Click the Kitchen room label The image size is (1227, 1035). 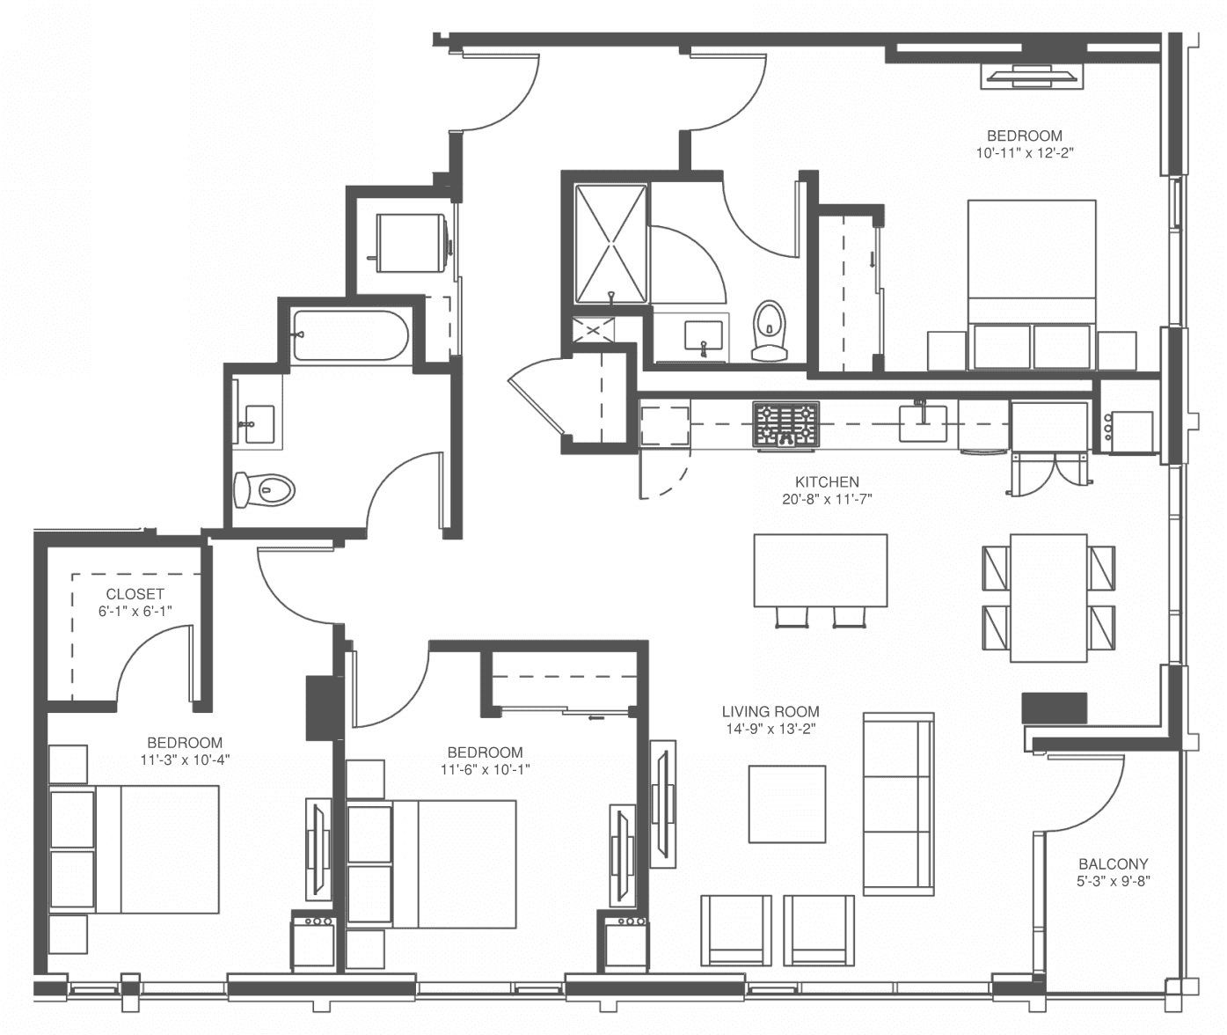click(827, 481)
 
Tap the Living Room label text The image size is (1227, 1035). click(771, 711)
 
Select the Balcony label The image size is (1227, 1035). click(1113, 864)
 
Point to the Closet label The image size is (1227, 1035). click(135, 594)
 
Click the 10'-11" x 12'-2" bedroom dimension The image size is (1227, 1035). click(1025, 153)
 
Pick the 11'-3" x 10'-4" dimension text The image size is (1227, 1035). click(185, 760)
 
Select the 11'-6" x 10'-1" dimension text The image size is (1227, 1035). click(486, 769)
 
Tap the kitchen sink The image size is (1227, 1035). click(923, 422)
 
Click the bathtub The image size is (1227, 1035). click(351, 335)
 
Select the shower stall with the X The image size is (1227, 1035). click(611, 245)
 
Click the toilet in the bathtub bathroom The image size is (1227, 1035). click(264, 489)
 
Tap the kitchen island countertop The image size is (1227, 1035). click(821, 569)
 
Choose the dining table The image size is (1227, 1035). click(1048, 598)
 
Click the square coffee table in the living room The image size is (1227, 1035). click(787, 804)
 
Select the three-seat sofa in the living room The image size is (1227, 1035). click(899, 804)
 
